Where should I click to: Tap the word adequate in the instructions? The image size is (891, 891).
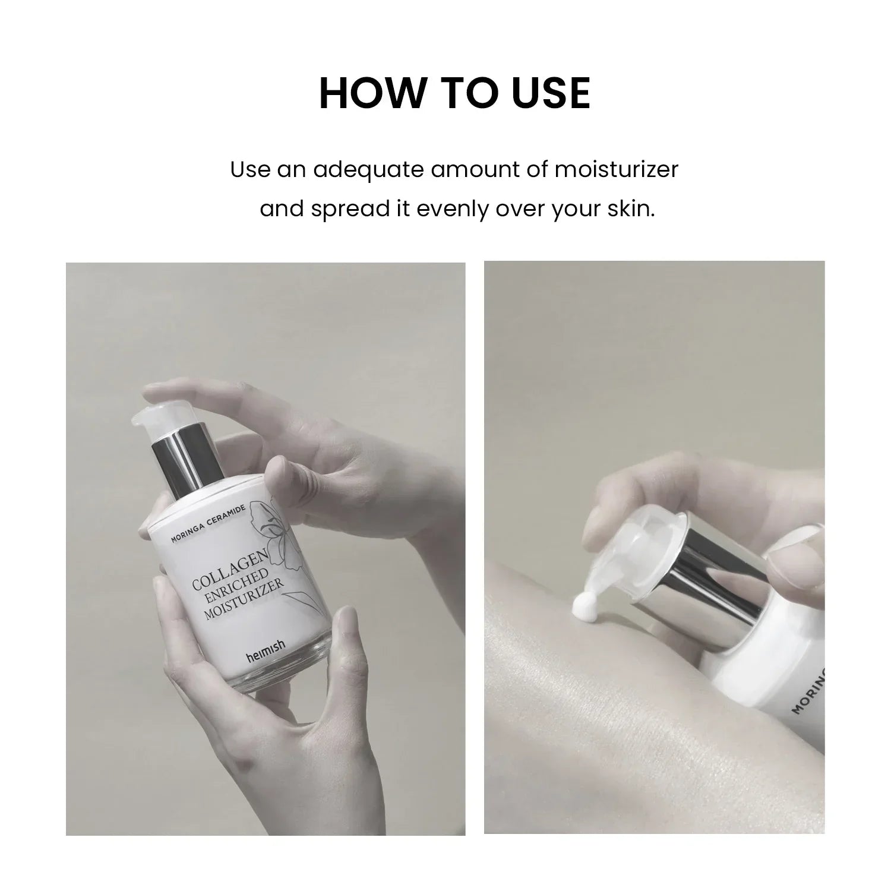(368, 170)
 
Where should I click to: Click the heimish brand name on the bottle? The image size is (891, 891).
(266, 658)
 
